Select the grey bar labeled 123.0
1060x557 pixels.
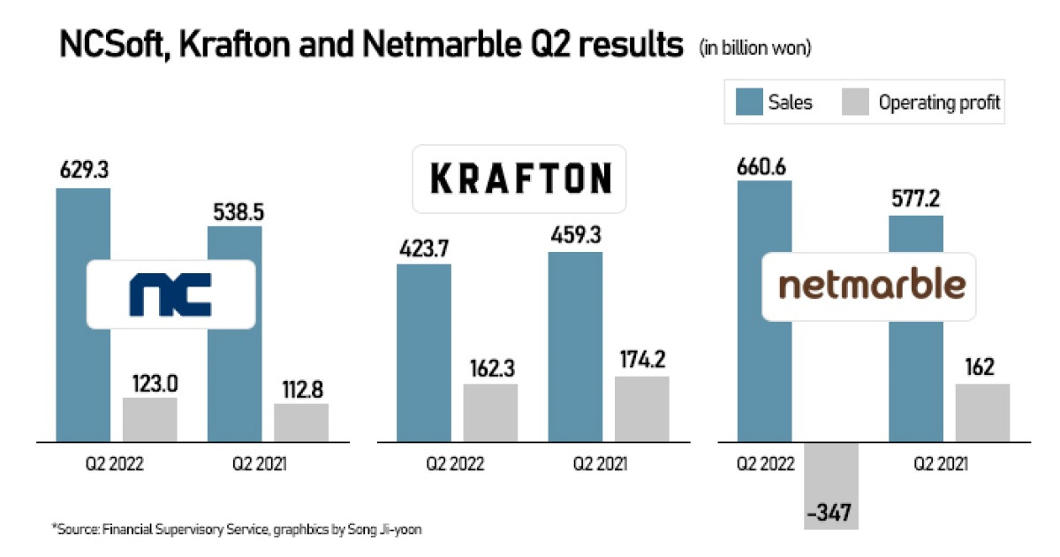click(150, 419)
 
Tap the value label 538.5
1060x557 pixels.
click(235, 212)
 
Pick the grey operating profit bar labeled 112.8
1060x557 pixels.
click(301, 423)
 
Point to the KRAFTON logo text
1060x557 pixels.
click(520, 179)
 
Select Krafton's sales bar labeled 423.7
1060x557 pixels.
click(423, 354)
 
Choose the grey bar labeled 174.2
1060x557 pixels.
click(642, 408)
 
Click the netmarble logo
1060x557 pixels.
click(870, 286)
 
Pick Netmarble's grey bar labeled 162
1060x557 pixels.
click(982, 412)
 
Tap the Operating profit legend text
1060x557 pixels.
click(939, 103)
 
